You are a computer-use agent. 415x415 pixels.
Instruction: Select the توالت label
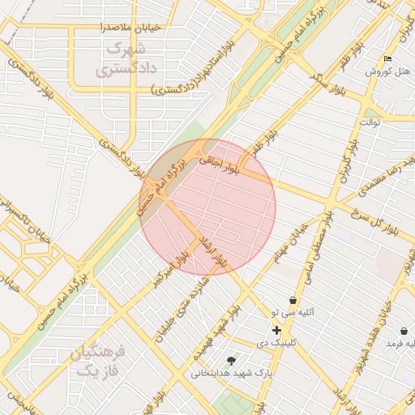click(x=370, y=122)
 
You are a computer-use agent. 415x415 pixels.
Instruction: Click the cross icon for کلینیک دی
click(x=277, y=330)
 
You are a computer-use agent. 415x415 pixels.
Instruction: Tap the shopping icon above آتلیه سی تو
click(x=292, y=301)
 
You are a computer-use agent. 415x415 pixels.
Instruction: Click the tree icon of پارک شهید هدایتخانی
click(x=232, y=360)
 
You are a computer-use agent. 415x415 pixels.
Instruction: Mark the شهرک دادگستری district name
click(x=125, y=59)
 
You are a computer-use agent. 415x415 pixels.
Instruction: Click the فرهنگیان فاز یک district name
click(x=96, y=362)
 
